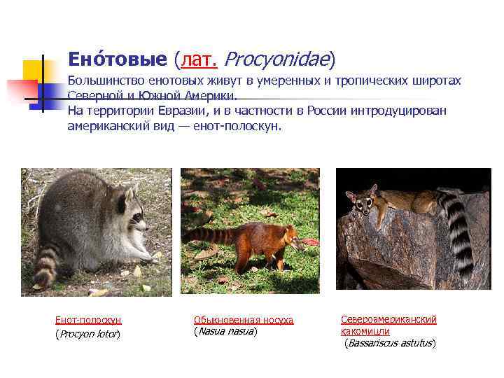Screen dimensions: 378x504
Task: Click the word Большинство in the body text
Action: tap(104, 81)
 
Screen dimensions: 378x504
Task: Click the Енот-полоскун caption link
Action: tap(88, 320)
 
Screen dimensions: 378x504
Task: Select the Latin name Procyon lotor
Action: tap(87, 334)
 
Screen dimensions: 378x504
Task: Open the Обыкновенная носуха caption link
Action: tap(243, 320)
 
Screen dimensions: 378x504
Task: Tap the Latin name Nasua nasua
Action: tap(225, 331)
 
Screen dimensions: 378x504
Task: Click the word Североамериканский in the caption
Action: tap(388, 319)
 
